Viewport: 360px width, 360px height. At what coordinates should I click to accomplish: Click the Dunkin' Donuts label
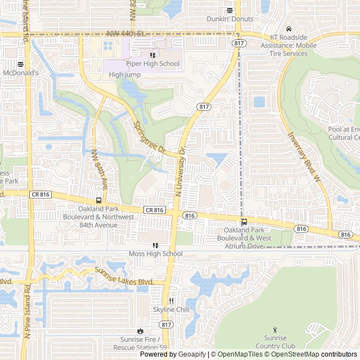pyautogui.click(x=229, y=19)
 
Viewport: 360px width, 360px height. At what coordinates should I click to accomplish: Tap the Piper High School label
pyautogui.click(x=152, y=64)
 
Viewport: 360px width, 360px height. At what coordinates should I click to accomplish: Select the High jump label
pyautogui.click(x=124, y=74)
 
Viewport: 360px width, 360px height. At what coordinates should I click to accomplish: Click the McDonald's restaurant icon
pyautogui.click(x=20, y=64)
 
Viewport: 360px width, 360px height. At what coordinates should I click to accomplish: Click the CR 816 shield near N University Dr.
pyautogui.click(x=154, y=210)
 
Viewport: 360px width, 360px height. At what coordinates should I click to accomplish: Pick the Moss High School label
pyautogui.click(x=156, y=254)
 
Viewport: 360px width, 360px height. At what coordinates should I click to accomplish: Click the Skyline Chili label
pyautogui.click(x=170, y=309)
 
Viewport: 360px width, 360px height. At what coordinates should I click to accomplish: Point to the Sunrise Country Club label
pyautogui.click(x=275, y=342)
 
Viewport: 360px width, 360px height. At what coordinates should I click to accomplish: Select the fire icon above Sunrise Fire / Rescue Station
pyautogui.click(x=139, y=331)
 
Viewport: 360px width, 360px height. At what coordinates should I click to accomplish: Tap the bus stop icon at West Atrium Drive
pyautogui.click(x=244, y=222)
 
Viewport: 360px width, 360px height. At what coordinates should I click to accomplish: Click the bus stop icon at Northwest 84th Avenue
pyautogui.click(x=98, y=200)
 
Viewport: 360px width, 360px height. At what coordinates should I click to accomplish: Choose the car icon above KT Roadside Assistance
pyautogui.click(x=288, y=29)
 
